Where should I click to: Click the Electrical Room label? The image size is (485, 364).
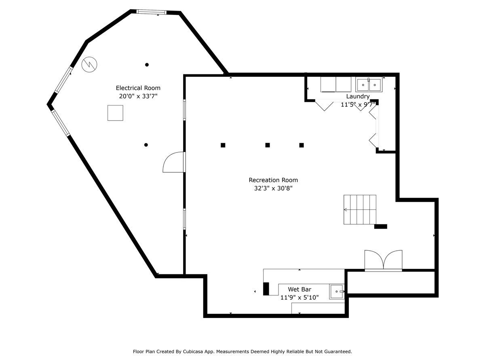(x=138, y=88)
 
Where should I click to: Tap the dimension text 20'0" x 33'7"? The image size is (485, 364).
(x=138, y=96)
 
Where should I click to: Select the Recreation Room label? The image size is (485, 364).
(x=273, y=180)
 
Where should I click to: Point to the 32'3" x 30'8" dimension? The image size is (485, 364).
(x=273, y=188)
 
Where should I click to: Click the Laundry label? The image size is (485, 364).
(x=358, y=97)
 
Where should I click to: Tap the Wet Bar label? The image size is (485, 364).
(x=299, y=289)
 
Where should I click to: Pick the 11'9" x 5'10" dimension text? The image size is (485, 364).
(x=299, y=298)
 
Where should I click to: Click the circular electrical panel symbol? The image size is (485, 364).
(x=89, y=65)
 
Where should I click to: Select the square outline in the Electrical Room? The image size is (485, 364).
(x=115, y=113)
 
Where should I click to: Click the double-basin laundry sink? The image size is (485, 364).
(x=369, y=85)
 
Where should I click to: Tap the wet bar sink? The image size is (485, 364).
(x=337, y=292)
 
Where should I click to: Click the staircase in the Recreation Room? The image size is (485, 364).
(x=360, y=210)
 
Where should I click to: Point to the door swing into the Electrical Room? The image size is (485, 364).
(x=173, y=162)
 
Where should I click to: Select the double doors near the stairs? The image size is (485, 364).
(x=384, y=260)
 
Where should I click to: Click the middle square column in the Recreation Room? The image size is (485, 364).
(x=268, y=145)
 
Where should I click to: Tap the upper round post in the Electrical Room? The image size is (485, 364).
(x=147, y=65)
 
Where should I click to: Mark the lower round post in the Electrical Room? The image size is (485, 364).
(x=146, y=145)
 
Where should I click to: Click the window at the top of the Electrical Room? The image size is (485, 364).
(x=151, y=12)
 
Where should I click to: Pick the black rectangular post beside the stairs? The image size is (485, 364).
(x=381, y=226)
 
